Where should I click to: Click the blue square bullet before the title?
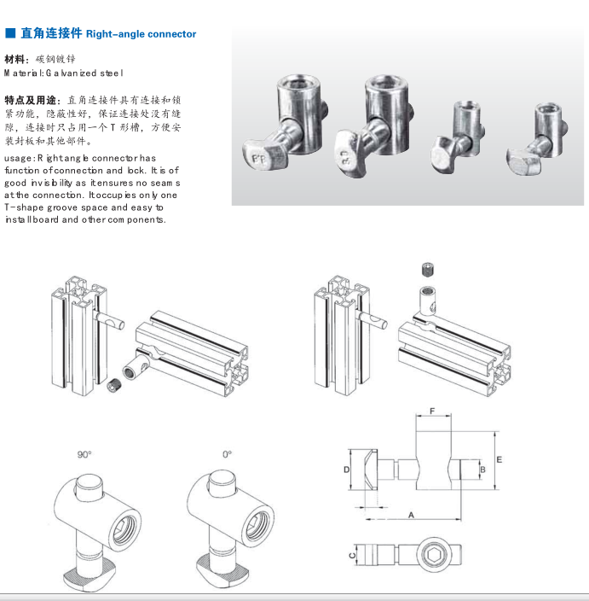point(10,34)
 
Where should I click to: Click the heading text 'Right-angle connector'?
point(141,34)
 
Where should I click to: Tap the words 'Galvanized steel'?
point(86,73)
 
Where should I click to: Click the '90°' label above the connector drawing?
point(84,454)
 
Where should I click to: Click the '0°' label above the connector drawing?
point(228,454)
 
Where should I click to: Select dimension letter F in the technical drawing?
point(433,411)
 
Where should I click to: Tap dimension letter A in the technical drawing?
point(412,515)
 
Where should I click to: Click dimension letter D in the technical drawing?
point(347,470)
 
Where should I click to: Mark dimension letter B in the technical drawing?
point(482,469)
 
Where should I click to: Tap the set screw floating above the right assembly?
point(427,271)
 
